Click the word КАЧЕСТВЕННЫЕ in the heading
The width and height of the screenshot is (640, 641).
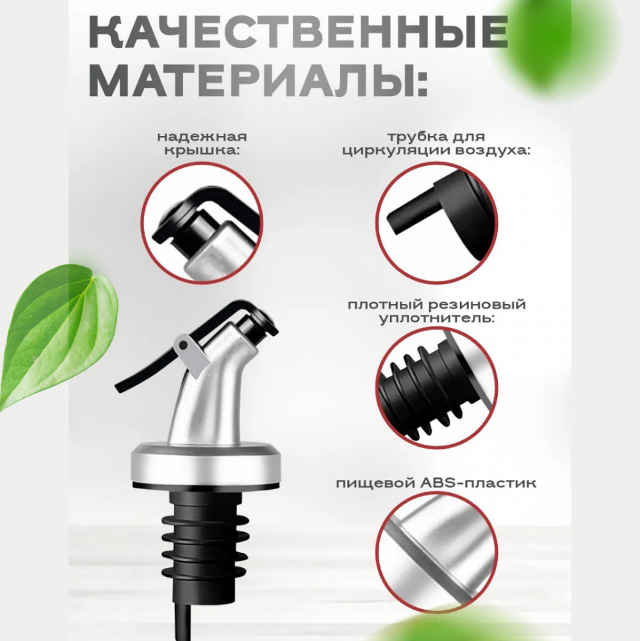(x=298, y=32)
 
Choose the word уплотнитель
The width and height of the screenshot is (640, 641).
(x=436, y=319)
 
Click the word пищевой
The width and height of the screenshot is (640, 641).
(x=377, y=483)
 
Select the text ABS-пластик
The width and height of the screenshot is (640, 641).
(x=478, y=483)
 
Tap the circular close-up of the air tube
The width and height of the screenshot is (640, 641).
(x=436, y=223)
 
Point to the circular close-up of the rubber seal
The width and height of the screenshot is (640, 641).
(x=436, y=388)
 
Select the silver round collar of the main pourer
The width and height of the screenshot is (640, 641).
(x=206, y=465)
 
